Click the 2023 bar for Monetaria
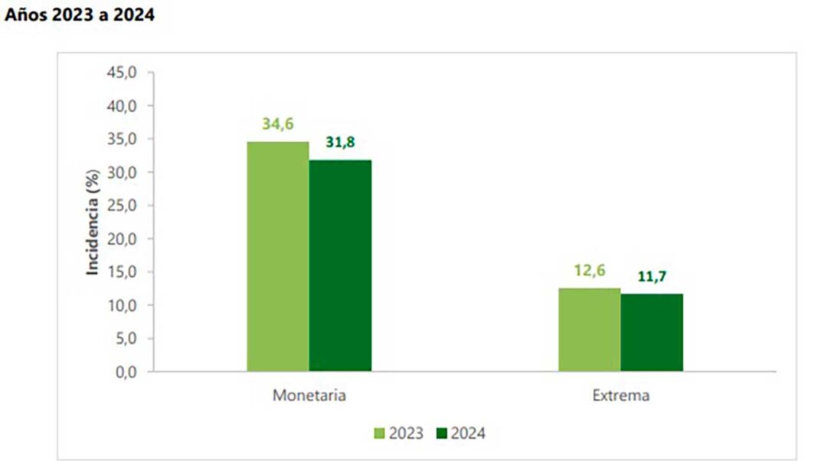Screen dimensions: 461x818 pos(277,257)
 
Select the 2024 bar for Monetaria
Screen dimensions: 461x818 pos(340,266)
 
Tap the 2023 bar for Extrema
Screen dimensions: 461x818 pos(589,330)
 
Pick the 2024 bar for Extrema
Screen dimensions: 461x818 pos(652,333)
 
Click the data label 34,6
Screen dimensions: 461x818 pos(278,123)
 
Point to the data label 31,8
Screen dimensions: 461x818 pos(340,143)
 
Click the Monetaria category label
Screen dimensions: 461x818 pos(309,397)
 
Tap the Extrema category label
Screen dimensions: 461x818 pos(620,397)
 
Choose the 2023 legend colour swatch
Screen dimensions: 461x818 pos(380,433)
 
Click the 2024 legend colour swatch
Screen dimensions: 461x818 pos(442,433)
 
